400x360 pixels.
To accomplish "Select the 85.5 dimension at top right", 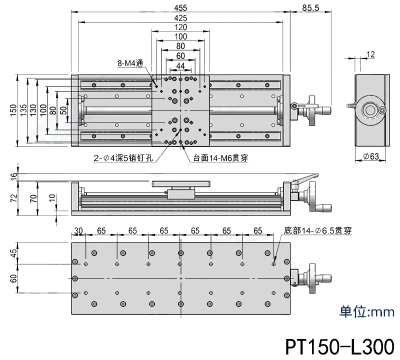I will [x=311, y=7].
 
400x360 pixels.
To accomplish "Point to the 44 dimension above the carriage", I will [x=180, y=65].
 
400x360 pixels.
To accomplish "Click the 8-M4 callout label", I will [x=130, y=63].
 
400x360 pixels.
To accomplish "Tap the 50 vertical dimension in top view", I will [x=63, y=110].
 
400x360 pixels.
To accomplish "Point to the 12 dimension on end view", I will [x=370, y=54].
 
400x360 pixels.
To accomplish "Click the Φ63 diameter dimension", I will [x=370, y=156].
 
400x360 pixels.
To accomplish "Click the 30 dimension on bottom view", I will [x=78, y=231].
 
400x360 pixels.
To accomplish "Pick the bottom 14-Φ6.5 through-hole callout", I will [x=318, y=230].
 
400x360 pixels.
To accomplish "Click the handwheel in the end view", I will [x=370, y=109].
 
